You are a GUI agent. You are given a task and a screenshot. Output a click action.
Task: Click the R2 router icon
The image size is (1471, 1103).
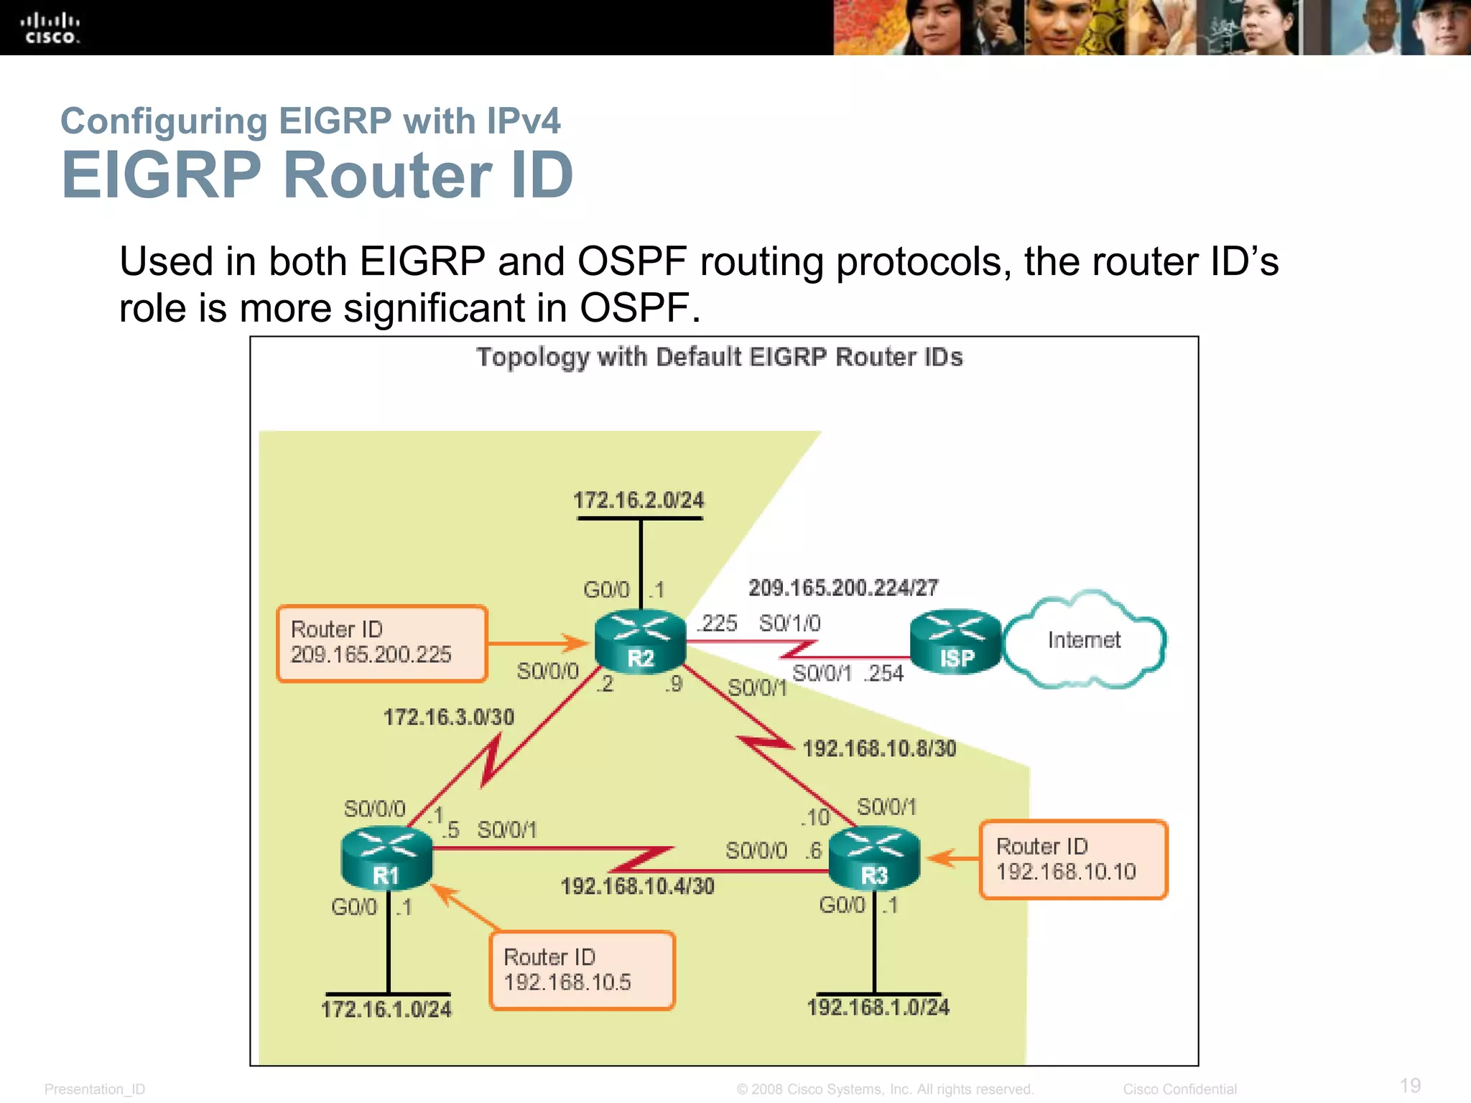640,642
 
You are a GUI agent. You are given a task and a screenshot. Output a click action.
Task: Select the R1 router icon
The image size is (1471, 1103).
386,859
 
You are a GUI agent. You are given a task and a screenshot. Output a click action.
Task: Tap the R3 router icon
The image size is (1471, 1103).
874,859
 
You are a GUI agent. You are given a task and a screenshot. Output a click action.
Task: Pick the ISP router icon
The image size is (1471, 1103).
955,642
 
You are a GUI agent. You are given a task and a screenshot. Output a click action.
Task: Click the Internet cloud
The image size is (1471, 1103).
1084,640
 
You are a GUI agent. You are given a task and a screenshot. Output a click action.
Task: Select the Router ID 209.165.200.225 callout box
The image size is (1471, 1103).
382,643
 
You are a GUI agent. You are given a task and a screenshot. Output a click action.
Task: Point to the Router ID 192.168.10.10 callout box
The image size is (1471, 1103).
1073,860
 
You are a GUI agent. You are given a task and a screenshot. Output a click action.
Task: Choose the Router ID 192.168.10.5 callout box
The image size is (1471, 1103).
582,970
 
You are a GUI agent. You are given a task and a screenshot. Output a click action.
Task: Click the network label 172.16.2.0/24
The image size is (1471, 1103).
639,501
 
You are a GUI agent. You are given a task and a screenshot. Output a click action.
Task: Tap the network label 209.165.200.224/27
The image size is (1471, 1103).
843,588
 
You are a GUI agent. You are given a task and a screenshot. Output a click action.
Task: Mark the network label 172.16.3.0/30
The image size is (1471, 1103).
449,717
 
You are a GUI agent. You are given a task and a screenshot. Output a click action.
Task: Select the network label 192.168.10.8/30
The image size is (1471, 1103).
879,749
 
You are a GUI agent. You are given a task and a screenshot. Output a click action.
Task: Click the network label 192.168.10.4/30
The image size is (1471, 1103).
637,887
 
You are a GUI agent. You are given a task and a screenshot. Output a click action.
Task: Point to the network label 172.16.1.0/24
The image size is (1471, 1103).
386,1010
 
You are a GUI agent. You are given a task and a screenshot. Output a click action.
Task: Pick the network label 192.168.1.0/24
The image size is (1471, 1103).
878,1007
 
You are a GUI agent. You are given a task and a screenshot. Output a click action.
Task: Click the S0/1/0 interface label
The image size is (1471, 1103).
789,623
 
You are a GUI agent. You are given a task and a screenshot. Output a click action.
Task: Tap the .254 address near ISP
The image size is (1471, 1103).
884,674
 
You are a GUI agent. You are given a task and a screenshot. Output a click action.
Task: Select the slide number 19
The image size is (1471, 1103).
1410,1085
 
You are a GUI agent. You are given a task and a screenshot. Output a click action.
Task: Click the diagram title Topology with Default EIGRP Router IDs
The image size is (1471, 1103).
720,358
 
